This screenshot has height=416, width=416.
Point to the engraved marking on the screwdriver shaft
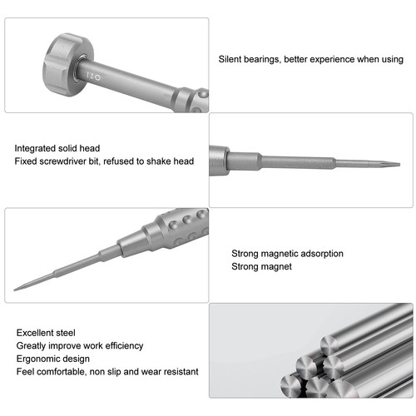(94, 77)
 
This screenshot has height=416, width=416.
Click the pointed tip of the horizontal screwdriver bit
(399, 165)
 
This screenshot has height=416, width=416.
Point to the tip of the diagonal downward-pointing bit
(15, 290)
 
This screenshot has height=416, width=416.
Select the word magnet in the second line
(276, 266)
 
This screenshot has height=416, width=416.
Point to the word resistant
(181, 372)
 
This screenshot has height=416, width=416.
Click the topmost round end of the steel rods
(330, 344)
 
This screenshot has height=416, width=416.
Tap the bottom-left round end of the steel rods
(291, 386)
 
